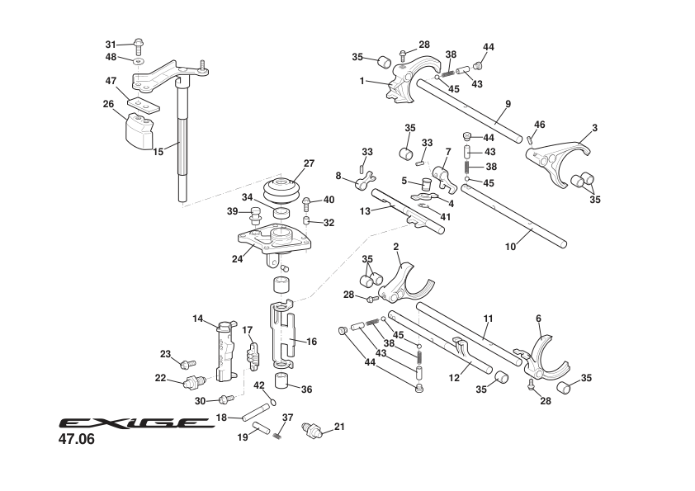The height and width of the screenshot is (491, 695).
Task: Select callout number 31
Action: pyautogui.click(x=111, y=44)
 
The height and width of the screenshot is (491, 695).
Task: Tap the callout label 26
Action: pyautogui.click(x=108, y=104)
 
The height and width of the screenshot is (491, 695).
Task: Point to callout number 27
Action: pyautogui.click(x=309, y=163)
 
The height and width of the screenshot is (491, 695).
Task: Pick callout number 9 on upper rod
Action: pyautogui.click(x=508, y=103)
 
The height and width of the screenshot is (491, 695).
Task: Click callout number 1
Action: pyautogui.click(x=362, y=81)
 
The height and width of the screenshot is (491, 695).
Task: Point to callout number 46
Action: pyautogui.click(x=539, y=125)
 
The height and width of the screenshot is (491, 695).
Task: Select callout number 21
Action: pyautogui.click(x=339, y=427)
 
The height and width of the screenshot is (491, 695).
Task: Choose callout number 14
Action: pyautogui.click(x=198, y=318)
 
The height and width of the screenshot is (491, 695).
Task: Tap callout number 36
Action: pyautogui.click(x=307, y=390)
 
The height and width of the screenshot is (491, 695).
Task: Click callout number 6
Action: pyautogui.click(x=538, y=318)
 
